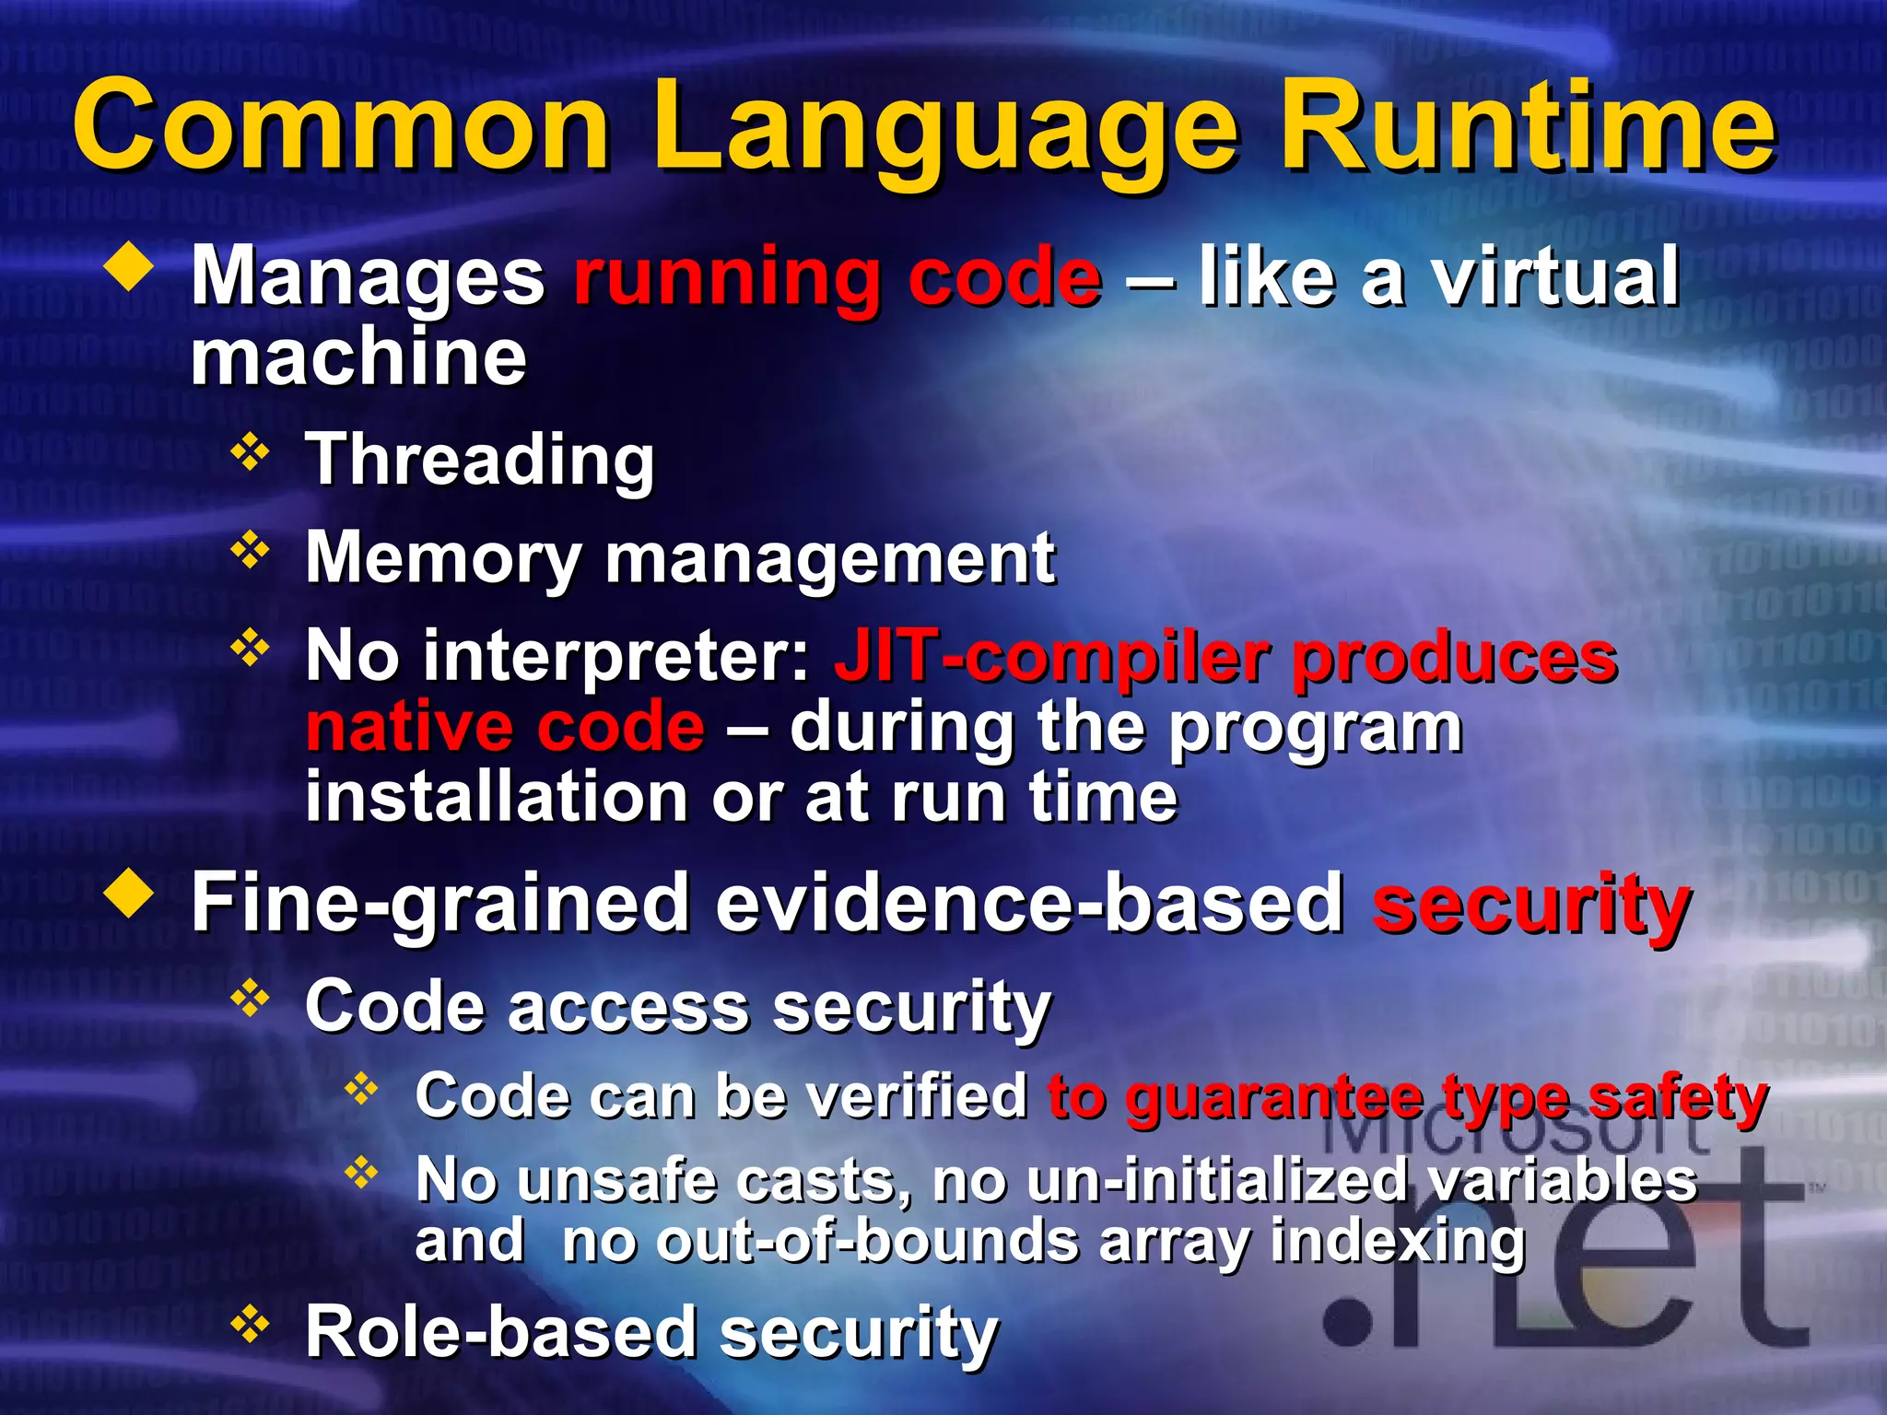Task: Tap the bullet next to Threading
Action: tap(250, 452)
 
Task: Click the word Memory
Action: tap(442, 558)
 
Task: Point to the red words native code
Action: tap(505, 728)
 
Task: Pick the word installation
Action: tap(496, 797)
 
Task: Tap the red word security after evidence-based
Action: tap(1530, 905)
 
